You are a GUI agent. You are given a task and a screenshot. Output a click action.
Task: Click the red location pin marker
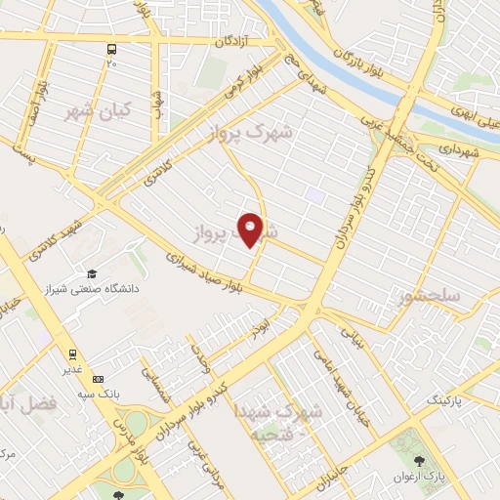[251, 229]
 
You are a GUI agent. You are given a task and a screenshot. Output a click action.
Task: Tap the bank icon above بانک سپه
[97, 378]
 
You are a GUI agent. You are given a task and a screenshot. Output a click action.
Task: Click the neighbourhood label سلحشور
[432, 294]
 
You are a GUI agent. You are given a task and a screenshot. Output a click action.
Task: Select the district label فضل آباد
[27, 401]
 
